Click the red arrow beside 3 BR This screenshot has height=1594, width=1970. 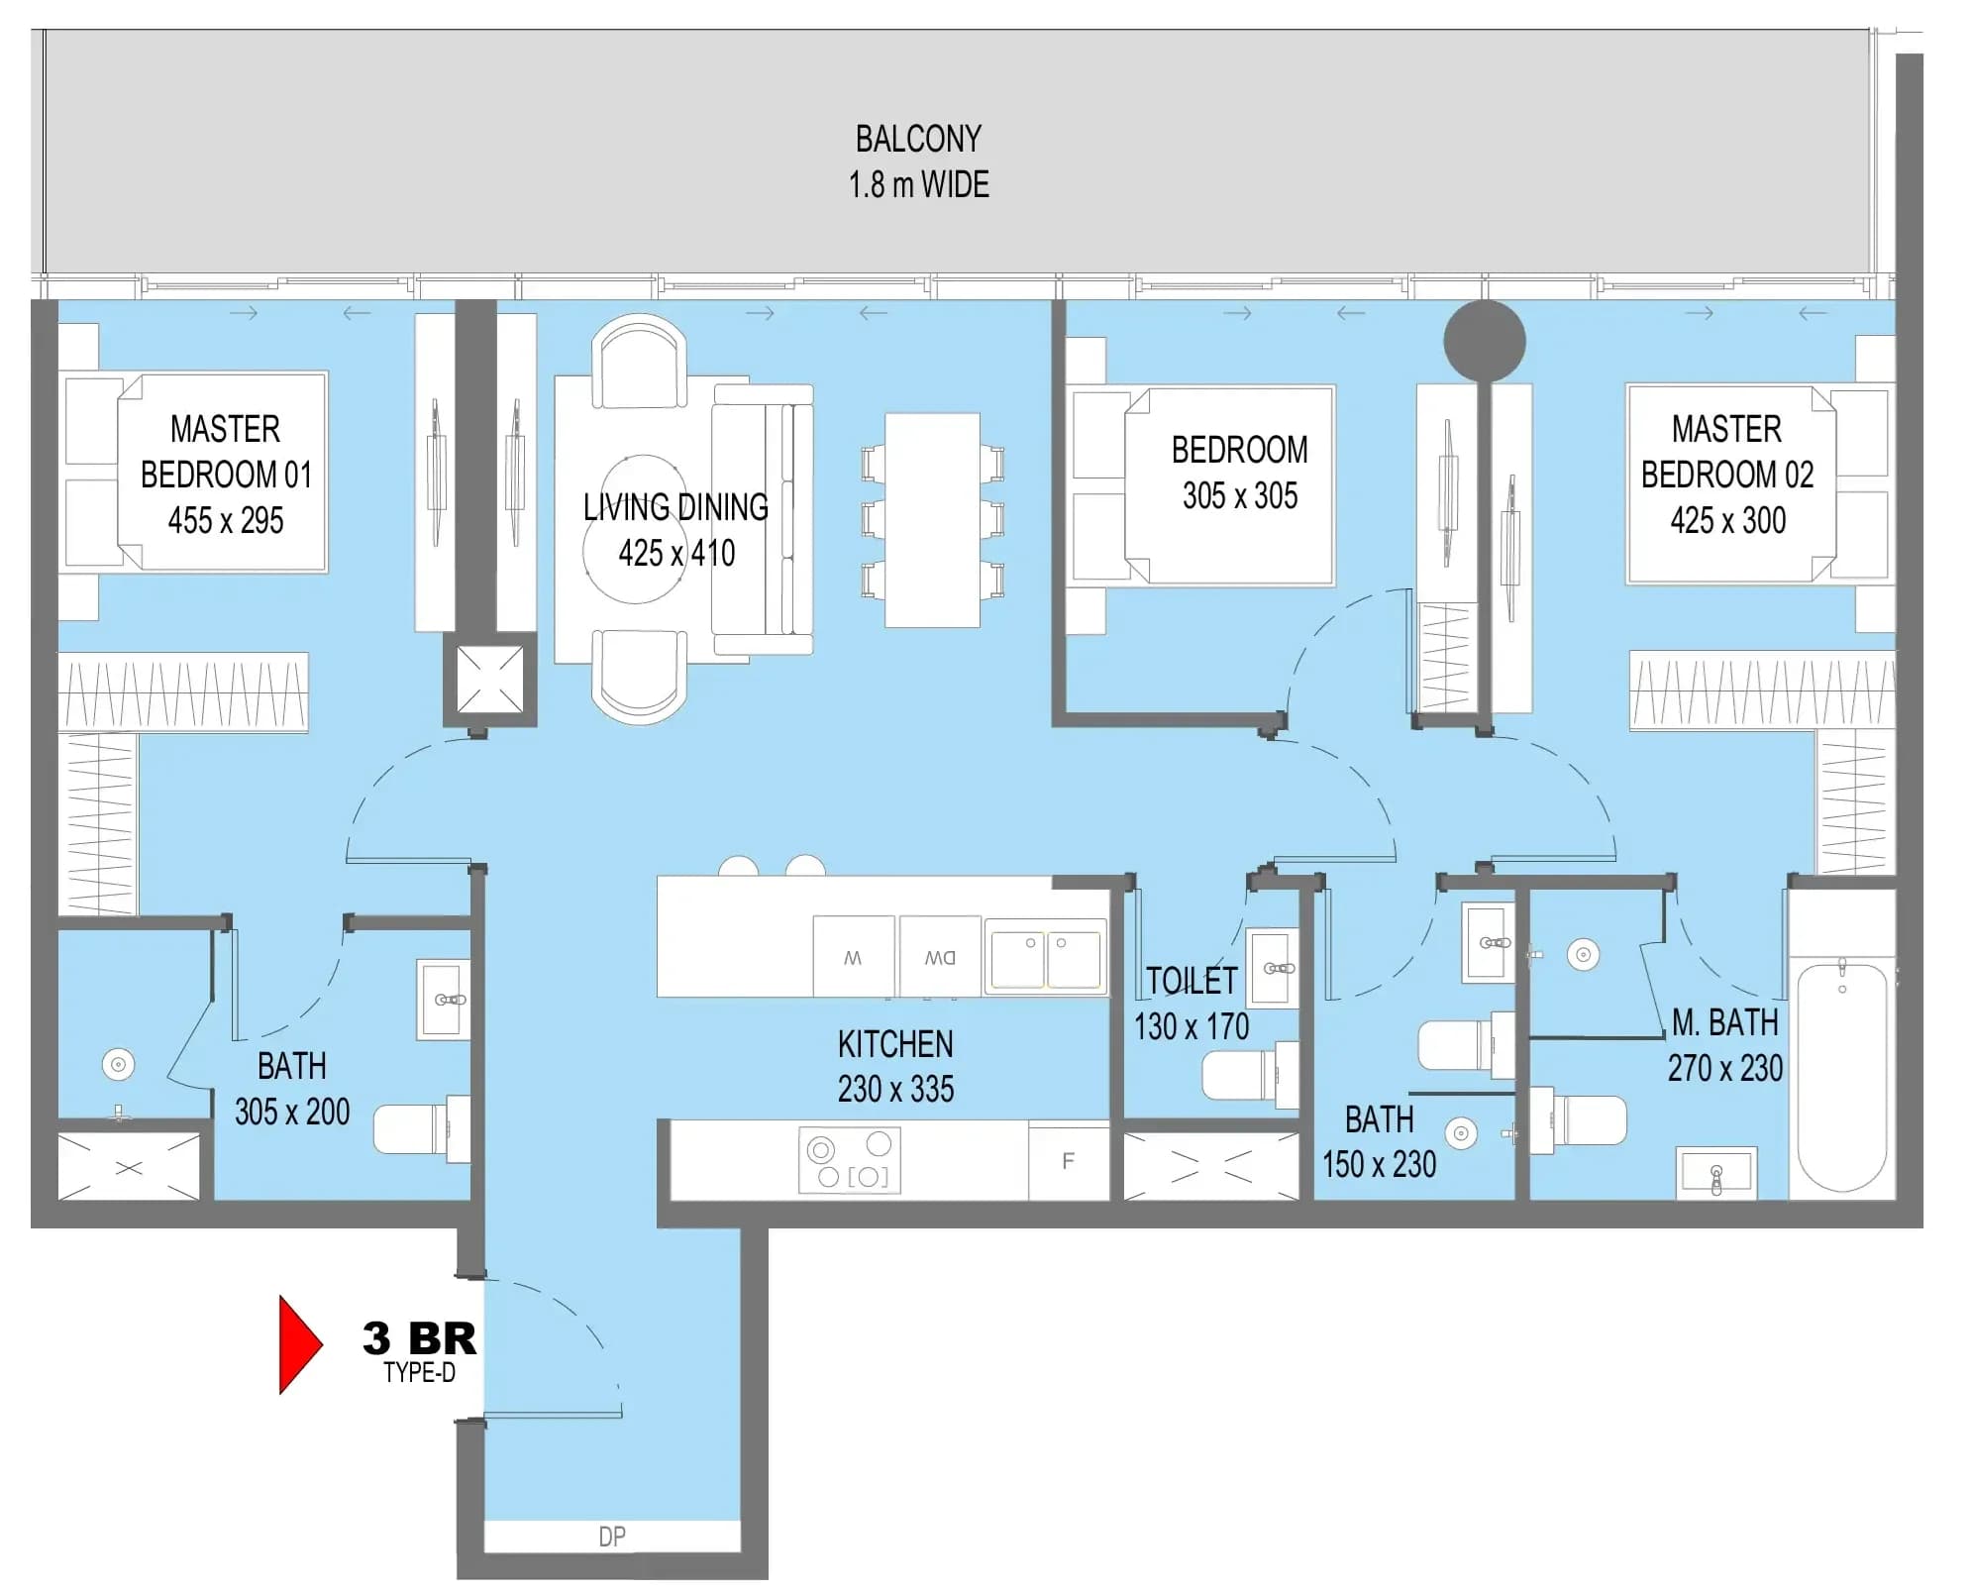[298, 1344]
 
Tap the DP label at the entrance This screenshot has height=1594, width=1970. [612, 1537]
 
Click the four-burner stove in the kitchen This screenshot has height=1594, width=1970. [850, 1159]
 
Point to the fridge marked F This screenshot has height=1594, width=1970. [1069, 1160]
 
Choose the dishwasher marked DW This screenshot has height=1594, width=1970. [940, 956]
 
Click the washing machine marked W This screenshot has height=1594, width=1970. [853, 956]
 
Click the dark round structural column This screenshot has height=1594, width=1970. [1484, 341]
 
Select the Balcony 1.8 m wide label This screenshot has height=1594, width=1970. [919, 161]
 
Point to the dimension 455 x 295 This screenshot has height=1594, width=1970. [226, 520]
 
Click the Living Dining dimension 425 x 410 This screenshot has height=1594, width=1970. [676, 553]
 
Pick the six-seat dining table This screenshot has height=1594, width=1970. [932, 520]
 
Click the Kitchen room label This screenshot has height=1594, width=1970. [895, 1044]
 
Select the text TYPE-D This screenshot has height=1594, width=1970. [420, 1373]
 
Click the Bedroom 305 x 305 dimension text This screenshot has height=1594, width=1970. [1240, 495]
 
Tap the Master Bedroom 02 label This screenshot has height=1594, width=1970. [1727, 452]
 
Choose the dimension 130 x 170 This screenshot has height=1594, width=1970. [1192, 1026]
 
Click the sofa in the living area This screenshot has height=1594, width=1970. [763, 520]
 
